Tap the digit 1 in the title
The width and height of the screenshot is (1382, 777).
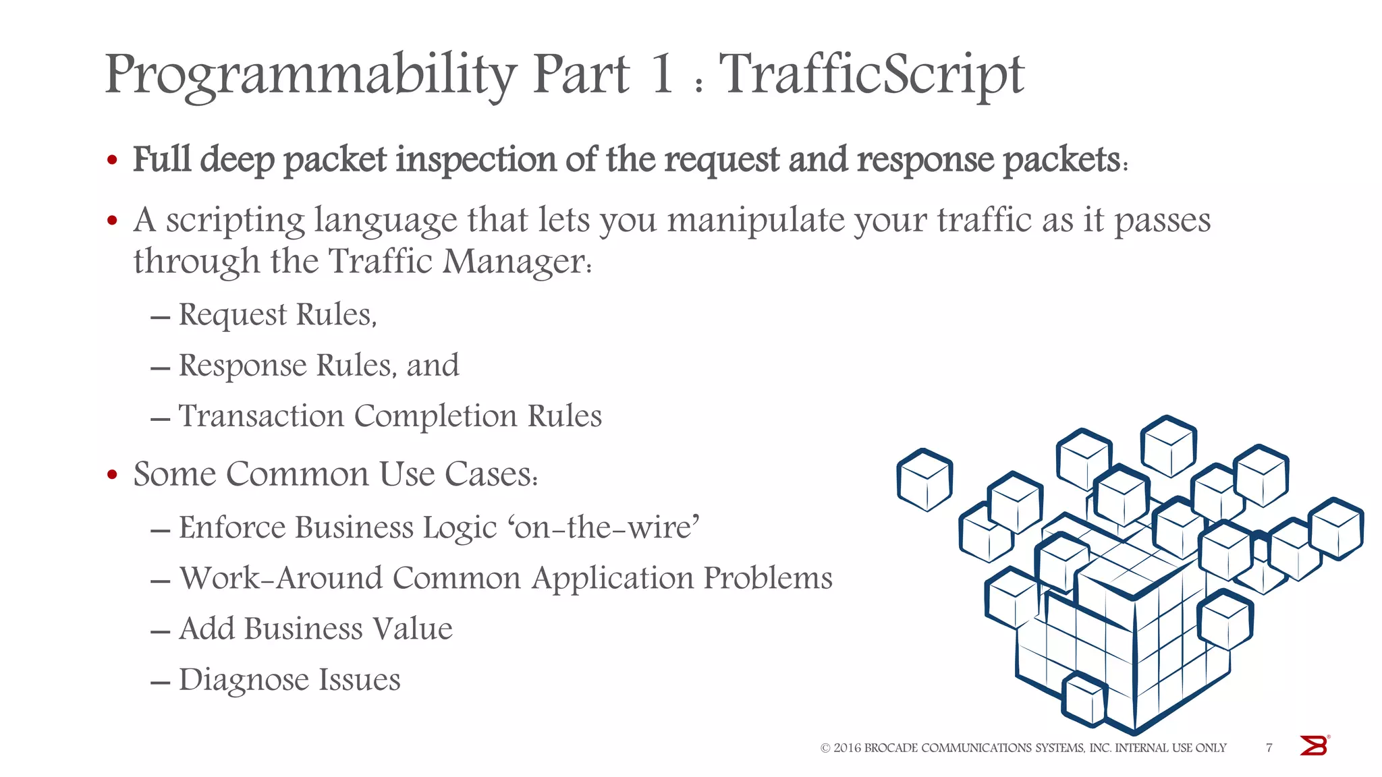(x=662, y=74)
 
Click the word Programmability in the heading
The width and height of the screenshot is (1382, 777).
(x=310, y=76)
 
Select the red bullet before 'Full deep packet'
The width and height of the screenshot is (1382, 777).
(x=113, y=161)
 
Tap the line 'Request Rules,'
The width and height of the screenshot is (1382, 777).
(x=277, y=315)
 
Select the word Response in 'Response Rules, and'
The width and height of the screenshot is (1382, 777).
(x=243, y=366)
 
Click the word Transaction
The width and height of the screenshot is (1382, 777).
(x=261, y=416)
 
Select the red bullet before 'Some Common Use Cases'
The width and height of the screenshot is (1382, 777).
(x=113, y=475)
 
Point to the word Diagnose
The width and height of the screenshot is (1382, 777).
(x=244, y=680)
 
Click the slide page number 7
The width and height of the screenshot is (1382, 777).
(x=1269, y=747)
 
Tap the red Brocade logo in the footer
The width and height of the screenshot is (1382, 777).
(x=1314, y=745)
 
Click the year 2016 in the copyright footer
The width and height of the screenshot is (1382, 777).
(x=847, y=748)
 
